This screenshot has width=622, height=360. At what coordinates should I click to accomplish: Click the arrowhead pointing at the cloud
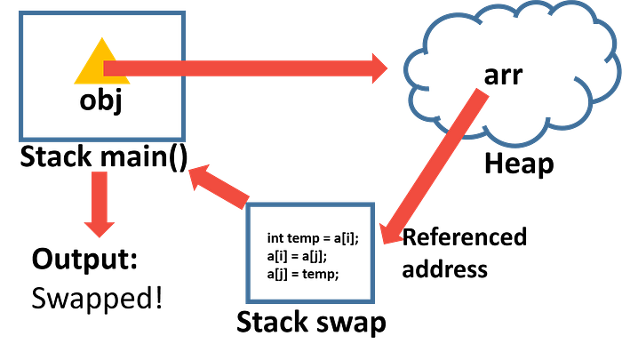(x=380, y=68)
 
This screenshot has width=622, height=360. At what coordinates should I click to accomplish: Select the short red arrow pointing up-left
(x=218, y=186)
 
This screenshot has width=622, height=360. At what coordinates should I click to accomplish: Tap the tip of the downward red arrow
(x=100, y=238)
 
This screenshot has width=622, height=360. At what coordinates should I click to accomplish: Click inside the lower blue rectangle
(x=310, y=252)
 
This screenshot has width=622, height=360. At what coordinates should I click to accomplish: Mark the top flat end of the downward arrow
(x=100, y=172)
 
